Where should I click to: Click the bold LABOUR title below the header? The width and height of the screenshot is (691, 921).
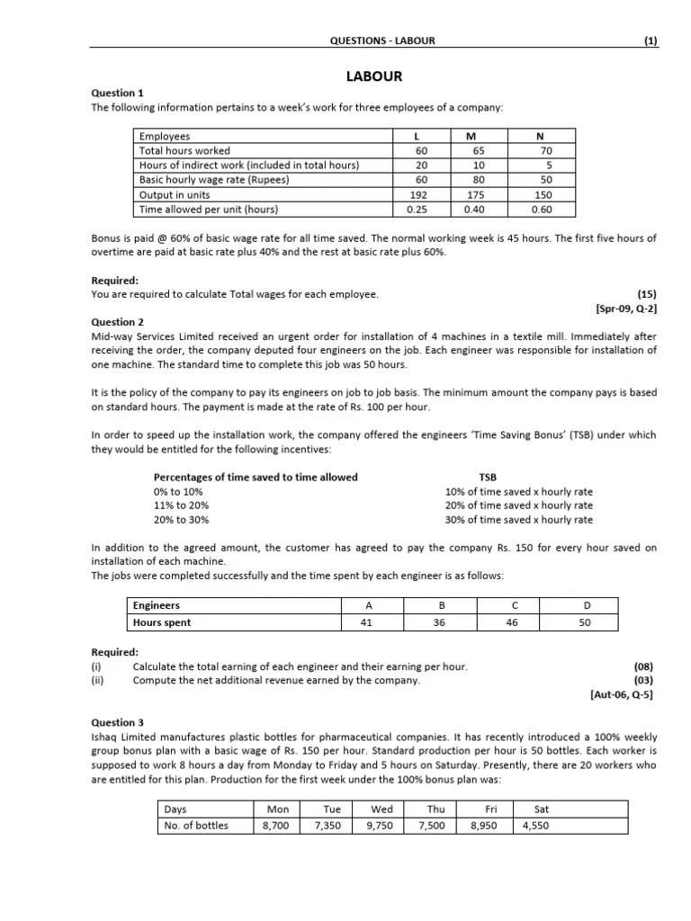click(x=377, y=77)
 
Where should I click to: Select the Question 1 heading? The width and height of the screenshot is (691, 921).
click(x=118, y=93)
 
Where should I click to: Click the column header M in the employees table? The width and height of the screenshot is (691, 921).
click(x=471, y=137)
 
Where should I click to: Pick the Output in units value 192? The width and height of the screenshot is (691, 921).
click(x=421, y=194)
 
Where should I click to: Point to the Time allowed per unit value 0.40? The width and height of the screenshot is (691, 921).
click(x=471, y=210)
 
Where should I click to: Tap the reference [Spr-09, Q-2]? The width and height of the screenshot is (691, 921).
click(x=626, y=308)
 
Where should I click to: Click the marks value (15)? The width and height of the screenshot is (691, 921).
click(x=647, y=294)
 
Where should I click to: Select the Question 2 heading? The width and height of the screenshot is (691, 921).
click(x=118, y=322)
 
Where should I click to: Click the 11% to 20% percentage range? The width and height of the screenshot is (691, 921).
click(x=179, y=505)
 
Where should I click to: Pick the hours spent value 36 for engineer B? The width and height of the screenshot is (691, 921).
click(x=439, y=621)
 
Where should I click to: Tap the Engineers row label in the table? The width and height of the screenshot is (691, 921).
click(x=157, y=605)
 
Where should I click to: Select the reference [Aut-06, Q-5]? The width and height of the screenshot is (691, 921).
click(x=624, y=695)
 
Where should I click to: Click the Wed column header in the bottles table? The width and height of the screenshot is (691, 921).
click(x=382, y=809)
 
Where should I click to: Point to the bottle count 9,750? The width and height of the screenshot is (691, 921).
click(x=382, y=825)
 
